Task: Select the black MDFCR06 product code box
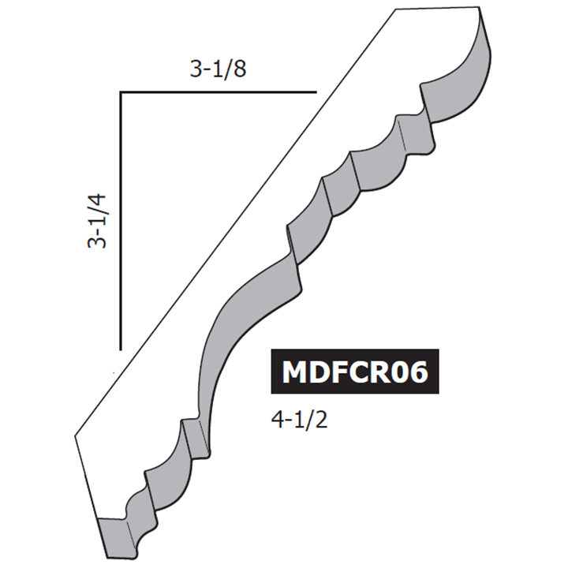click(354, 372)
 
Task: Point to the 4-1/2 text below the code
click(299, 419)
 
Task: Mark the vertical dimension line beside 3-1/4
click(120, 220)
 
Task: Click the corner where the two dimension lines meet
click(120, 93)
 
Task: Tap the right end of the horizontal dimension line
click(316, 93)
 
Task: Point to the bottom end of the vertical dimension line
click(120, 347)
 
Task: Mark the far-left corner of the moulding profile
click(76, 433)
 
